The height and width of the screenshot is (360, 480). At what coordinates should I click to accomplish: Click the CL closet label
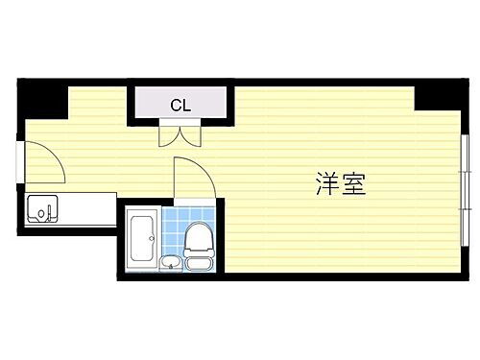point(180,105)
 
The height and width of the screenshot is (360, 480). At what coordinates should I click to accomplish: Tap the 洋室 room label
point(340,183)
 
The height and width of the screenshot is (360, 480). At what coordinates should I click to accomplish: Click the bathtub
point(142,237)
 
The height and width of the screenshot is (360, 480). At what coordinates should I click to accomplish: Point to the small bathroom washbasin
point(171,263)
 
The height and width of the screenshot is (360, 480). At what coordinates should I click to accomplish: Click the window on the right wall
point(464,173)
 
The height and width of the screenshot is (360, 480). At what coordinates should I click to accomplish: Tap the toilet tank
point(200,263)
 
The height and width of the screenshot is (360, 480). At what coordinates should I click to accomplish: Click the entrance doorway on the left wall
point(20,160)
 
